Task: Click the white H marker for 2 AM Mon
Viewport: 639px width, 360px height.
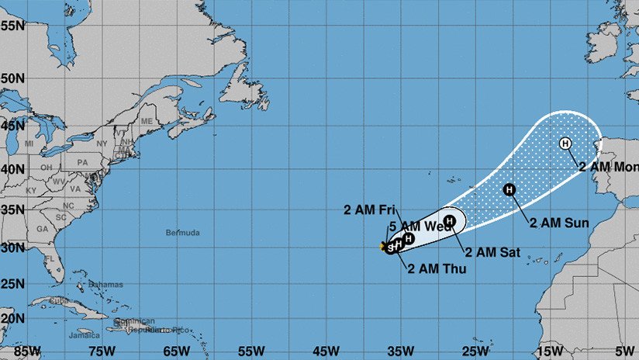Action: [x=565, y=143]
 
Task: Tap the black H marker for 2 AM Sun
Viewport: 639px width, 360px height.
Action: [x=509, y=189]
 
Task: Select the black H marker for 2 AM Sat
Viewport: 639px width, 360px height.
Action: [x=448, y=220]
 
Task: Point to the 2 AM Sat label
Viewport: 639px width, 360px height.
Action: [x=492, y=251]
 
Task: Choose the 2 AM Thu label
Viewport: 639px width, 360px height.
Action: [x=431, y=269]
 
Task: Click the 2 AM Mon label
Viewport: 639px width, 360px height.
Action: [x=608, y=167]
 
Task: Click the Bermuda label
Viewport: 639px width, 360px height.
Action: [x=182, y=233]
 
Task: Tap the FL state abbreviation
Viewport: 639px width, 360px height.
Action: [x=50, y=259]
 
